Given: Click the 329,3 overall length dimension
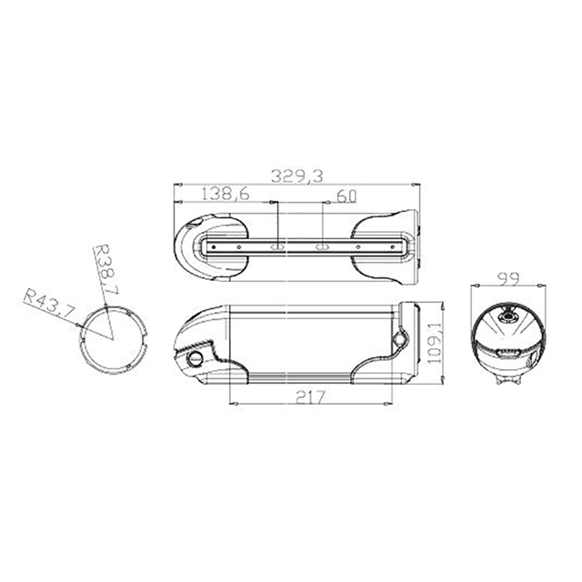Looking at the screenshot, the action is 297,176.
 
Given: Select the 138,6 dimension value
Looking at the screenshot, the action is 226,194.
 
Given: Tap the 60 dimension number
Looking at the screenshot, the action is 346,196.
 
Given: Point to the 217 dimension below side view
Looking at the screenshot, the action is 310,397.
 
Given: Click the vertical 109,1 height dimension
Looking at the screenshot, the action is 434,343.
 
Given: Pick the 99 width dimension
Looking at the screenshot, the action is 508,278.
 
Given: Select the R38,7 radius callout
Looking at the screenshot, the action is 106,269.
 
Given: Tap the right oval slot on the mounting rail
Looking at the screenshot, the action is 321,246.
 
